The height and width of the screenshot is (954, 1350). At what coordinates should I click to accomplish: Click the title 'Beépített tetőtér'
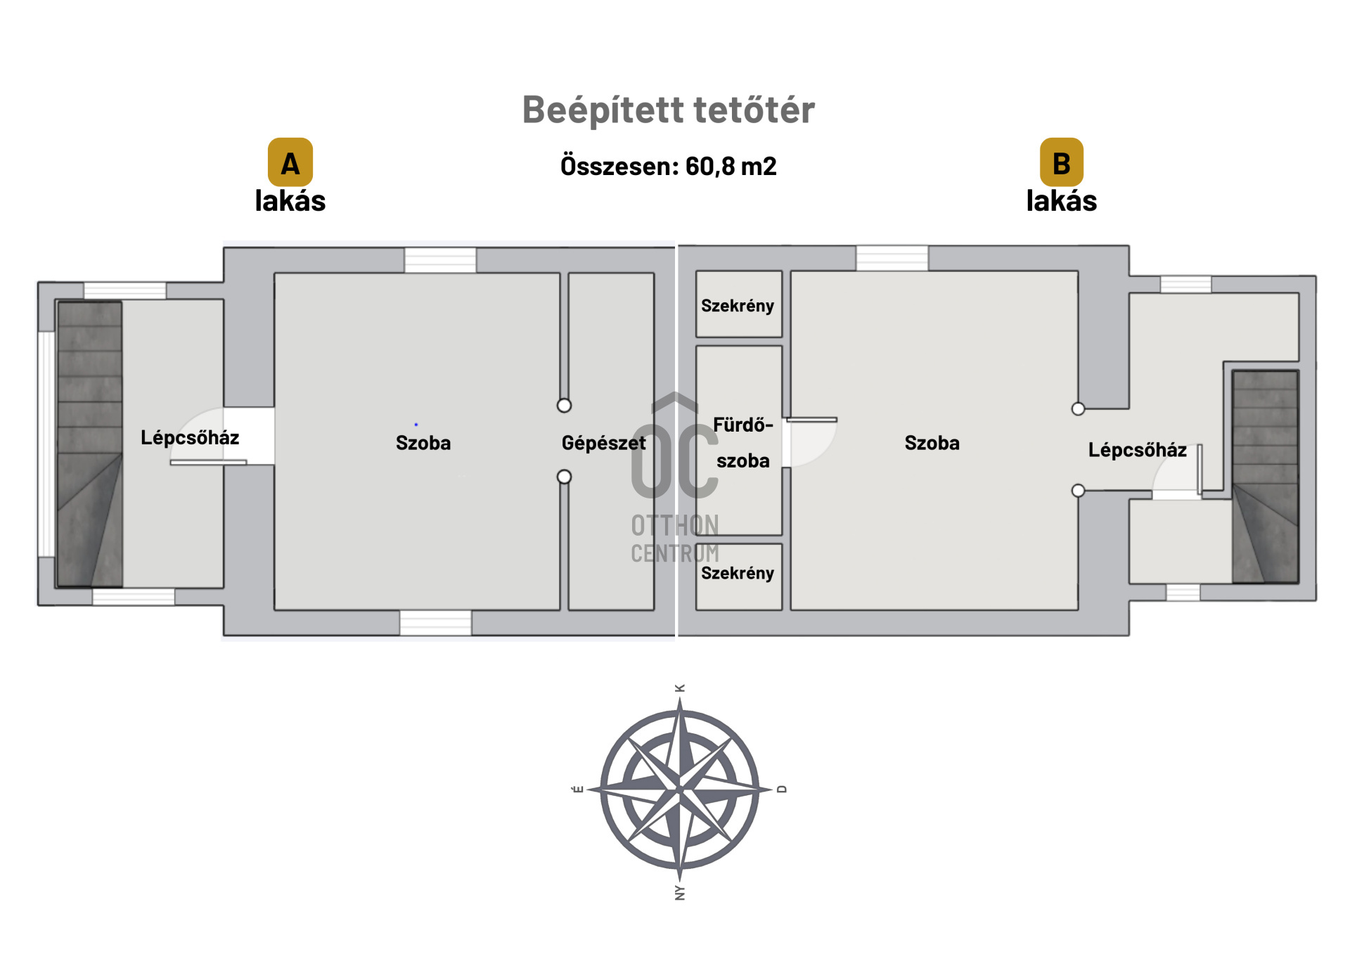668,110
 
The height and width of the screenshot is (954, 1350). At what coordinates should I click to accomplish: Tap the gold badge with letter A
290,162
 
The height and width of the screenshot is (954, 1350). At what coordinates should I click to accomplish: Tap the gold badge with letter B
1061,162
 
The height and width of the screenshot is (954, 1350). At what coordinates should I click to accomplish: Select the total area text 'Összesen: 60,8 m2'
668,167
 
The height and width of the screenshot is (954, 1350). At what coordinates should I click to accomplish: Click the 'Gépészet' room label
603,443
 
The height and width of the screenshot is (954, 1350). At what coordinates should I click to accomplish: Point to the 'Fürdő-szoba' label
742,443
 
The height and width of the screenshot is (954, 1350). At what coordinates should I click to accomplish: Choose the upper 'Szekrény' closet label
737,306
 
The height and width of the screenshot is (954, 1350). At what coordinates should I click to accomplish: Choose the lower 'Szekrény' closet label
737,573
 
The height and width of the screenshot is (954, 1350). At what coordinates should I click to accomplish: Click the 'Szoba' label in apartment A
423,443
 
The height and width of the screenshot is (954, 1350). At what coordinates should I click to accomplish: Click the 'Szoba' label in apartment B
932,443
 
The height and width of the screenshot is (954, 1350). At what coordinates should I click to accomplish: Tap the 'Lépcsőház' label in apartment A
190,438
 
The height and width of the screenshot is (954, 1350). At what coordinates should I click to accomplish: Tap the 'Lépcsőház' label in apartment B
1137,450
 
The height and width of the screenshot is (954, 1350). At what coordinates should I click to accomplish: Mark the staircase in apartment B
1265,477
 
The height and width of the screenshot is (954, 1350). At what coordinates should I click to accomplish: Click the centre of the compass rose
679,789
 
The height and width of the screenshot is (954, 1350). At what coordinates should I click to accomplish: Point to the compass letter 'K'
679,688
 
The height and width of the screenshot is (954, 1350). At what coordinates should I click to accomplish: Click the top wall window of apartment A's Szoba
440,260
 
